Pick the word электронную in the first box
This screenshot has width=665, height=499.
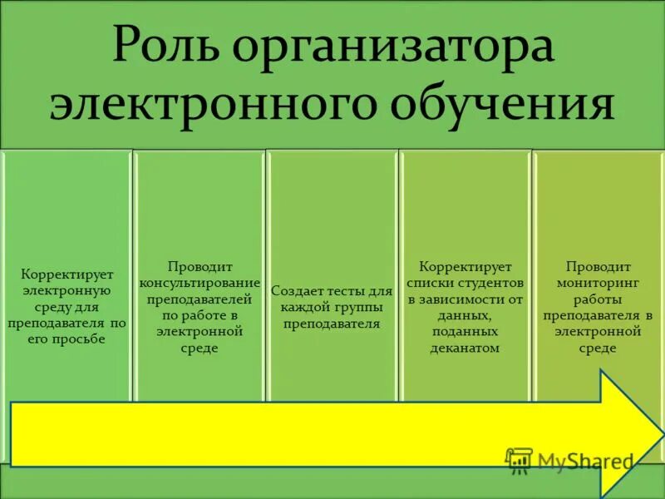[x=66, y=290]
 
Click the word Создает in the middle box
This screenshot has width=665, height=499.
[x=298, y=292]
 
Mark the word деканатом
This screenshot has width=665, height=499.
[x=465, y=348]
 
